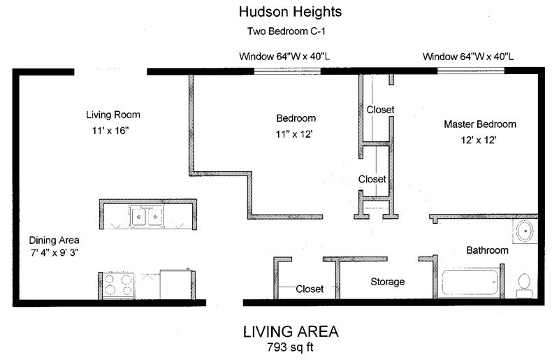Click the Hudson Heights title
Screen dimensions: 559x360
(290, 12)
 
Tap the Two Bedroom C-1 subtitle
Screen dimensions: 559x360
(286, 31)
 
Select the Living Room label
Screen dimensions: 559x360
(113, 115)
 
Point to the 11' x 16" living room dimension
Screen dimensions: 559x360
(110, 131)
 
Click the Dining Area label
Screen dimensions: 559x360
(55, 240)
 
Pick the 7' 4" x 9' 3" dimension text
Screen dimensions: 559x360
(55, 252)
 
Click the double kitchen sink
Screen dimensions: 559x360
(147, 215)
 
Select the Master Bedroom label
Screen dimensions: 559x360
(480, 124)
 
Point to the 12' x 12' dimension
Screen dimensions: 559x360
(479, 140)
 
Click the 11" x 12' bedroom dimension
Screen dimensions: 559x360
(293, 134)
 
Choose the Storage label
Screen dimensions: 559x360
(388, 282)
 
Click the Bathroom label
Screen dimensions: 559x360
(487, 250)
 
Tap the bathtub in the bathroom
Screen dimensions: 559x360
(470, 282)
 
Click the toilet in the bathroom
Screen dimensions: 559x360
(524, 285)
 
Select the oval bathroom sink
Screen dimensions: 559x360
(525, 231)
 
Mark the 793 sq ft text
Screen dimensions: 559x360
(290, 347)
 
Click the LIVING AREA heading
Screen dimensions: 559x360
(291, 332)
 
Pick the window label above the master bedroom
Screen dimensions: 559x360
(468, 57)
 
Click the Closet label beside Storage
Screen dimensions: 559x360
(310, 289)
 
